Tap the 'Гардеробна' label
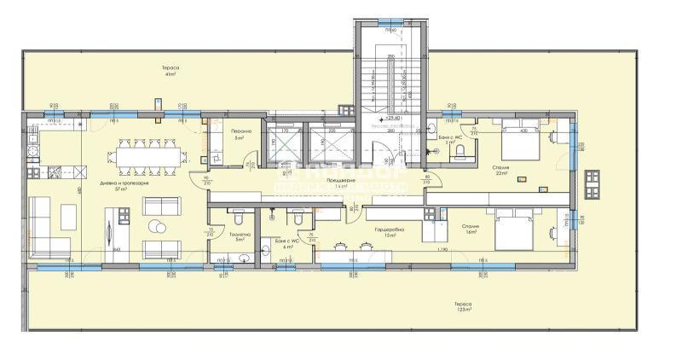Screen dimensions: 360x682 pos(388,230)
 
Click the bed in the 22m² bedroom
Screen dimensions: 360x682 pos(519,142)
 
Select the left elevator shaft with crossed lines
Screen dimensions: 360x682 pos(282,142)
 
